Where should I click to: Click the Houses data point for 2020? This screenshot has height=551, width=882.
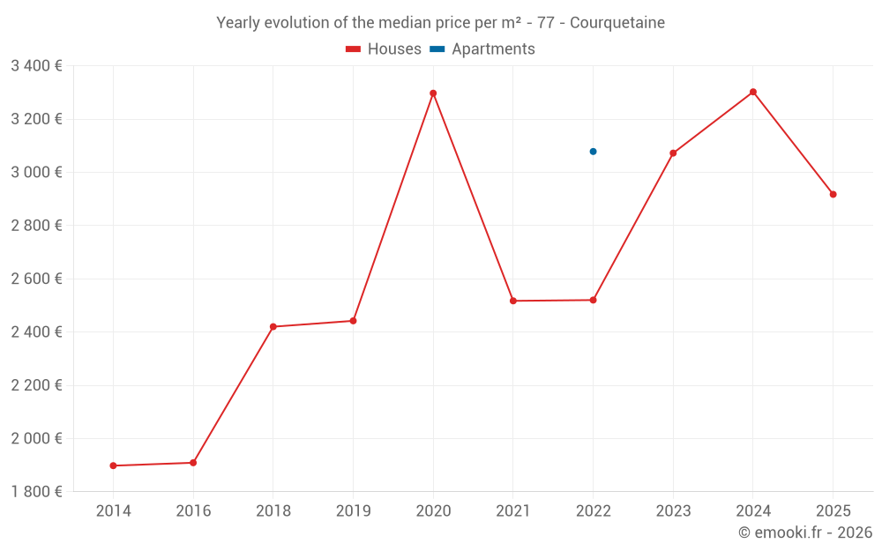[x=433, y=93]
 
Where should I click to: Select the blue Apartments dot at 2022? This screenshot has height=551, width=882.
[x=593, y=152]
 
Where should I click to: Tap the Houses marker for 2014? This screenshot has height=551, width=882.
[x=113, y=465]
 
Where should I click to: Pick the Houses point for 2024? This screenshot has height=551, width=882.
[x=753, y=92]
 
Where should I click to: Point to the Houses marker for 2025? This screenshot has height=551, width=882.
[x=833, y=194]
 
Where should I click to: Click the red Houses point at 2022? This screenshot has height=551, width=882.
[x=593, y=300]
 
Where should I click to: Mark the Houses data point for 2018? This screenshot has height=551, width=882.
[x=273, y=327]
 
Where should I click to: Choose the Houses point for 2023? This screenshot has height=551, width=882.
[x=673, y=153]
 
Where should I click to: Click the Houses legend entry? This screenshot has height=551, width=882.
[x=384, y=49]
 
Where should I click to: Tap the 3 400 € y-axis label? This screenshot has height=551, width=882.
[x=36, y=66]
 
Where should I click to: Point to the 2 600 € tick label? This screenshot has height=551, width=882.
[x=36, y=279]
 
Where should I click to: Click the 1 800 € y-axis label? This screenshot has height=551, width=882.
[x=36, y=492]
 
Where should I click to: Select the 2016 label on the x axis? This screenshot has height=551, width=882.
[x=193, y=511]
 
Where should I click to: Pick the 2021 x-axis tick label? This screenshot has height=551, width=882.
[x=513, y=511]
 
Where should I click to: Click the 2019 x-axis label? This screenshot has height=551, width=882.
[x=353, y=511]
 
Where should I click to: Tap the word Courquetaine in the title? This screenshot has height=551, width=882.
[x=617, y=23]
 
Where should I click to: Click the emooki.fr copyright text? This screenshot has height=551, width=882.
[x=805, y=532]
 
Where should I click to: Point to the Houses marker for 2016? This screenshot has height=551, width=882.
[x=193, y=463]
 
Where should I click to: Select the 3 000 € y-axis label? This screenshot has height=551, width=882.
[x=36, y=173]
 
